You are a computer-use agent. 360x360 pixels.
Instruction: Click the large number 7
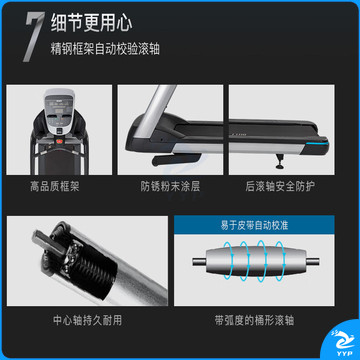(x=34, y=38)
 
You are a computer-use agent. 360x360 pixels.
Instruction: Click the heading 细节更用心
(x=92, y=24)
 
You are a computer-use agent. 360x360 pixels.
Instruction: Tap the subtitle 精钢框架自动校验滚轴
(x=105, y=49)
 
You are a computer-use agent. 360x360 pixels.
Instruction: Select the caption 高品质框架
(x=55, y=187)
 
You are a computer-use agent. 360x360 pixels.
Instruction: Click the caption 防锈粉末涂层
(x=170, y=187)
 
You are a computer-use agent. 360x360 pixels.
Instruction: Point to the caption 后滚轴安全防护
(x=280, y=187)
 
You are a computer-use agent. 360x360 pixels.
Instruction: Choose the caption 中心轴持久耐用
(x=88, y=321)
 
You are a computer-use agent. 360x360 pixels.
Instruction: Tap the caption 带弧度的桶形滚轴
(x=254, y=321)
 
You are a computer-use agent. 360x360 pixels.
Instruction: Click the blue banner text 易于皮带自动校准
(x=254, y=226)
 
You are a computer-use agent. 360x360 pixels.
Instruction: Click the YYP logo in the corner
(x=341, y=342)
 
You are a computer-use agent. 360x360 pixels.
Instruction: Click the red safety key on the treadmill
(x=60, y=142)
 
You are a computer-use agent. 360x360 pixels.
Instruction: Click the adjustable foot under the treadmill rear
(x=279, y=162)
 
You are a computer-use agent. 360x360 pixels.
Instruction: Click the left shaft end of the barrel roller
(x=199, y=261)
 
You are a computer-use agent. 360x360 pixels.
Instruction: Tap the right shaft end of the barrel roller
(x=312, y=261)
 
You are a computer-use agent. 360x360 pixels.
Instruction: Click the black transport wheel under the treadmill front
(x=176, y=159)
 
